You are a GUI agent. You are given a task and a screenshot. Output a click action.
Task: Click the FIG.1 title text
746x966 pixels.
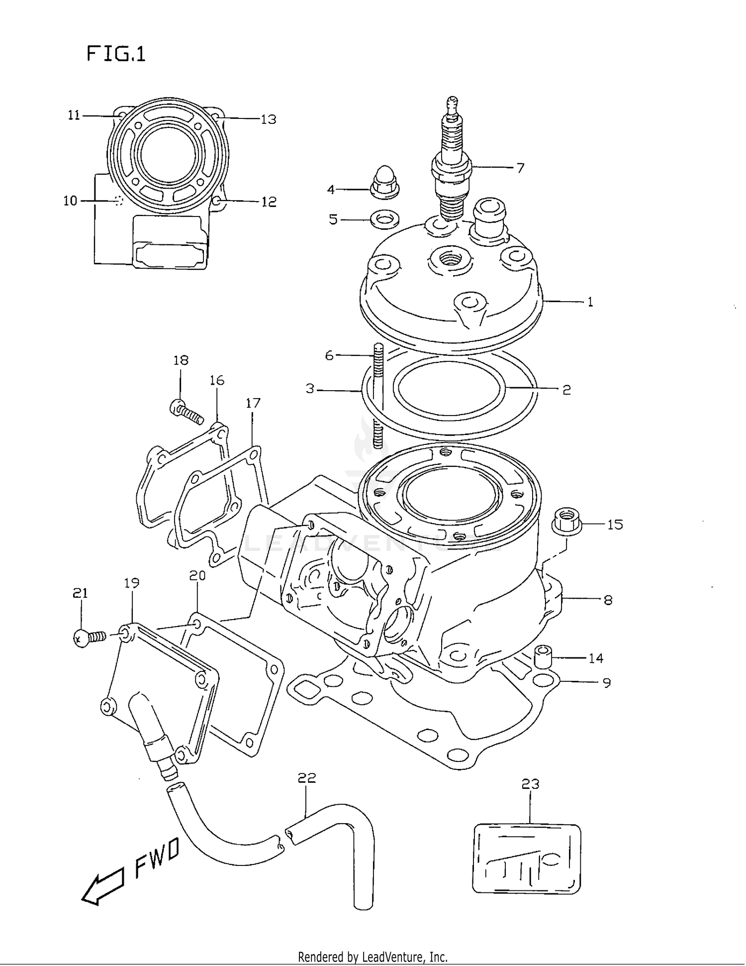click(116, 53)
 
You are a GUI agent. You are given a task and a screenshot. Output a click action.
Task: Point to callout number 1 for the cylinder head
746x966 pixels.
click(590, 302)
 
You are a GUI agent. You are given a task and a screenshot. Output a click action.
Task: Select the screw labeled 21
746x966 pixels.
click(89, 637)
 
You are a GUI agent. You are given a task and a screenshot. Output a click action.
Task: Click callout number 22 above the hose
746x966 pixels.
click(307, 777)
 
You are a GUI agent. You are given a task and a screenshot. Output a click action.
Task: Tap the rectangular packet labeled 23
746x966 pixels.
click(526, 859)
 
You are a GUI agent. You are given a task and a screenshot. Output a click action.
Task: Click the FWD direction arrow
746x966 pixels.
click(103, 888)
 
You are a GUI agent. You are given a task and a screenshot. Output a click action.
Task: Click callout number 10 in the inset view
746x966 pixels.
click(70, 201)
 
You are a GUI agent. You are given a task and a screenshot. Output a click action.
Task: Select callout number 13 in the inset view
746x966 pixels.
click(269, 119)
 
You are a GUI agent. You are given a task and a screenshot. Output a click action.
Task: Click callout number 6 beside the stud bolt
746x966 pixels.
click(329, 355)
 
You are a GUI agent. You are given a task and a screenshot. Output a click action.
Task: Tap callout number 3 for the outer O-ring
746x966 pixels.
click(310, 389)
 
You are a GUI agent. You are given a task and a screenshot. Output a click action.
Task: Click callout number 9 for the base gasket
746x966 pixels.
click(606, 683)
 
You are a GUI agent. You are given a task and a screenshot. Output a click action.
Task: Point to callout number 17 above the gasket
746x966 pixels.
click(253, 403)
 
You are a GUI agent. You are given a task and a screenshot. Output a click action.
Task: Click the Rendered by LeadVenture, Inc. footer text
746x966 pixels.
click(373, 957)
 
